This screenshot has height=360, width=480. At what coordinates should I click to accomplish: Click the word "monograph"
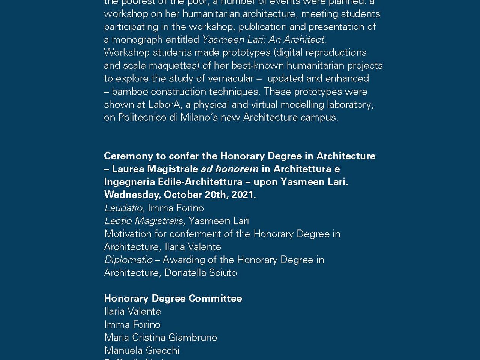point(136,40)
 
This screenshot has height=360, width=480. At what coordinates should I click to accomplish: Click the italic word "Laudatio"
point(123,208)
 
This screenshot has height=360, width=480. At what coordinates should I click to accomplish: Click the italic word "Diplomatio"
point(128,260)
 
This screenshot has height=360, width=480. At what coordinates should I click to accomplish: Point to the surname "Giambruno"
point(193,337)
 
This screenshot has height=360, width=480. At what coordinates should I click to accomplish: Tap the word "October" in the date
point(183,195)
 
